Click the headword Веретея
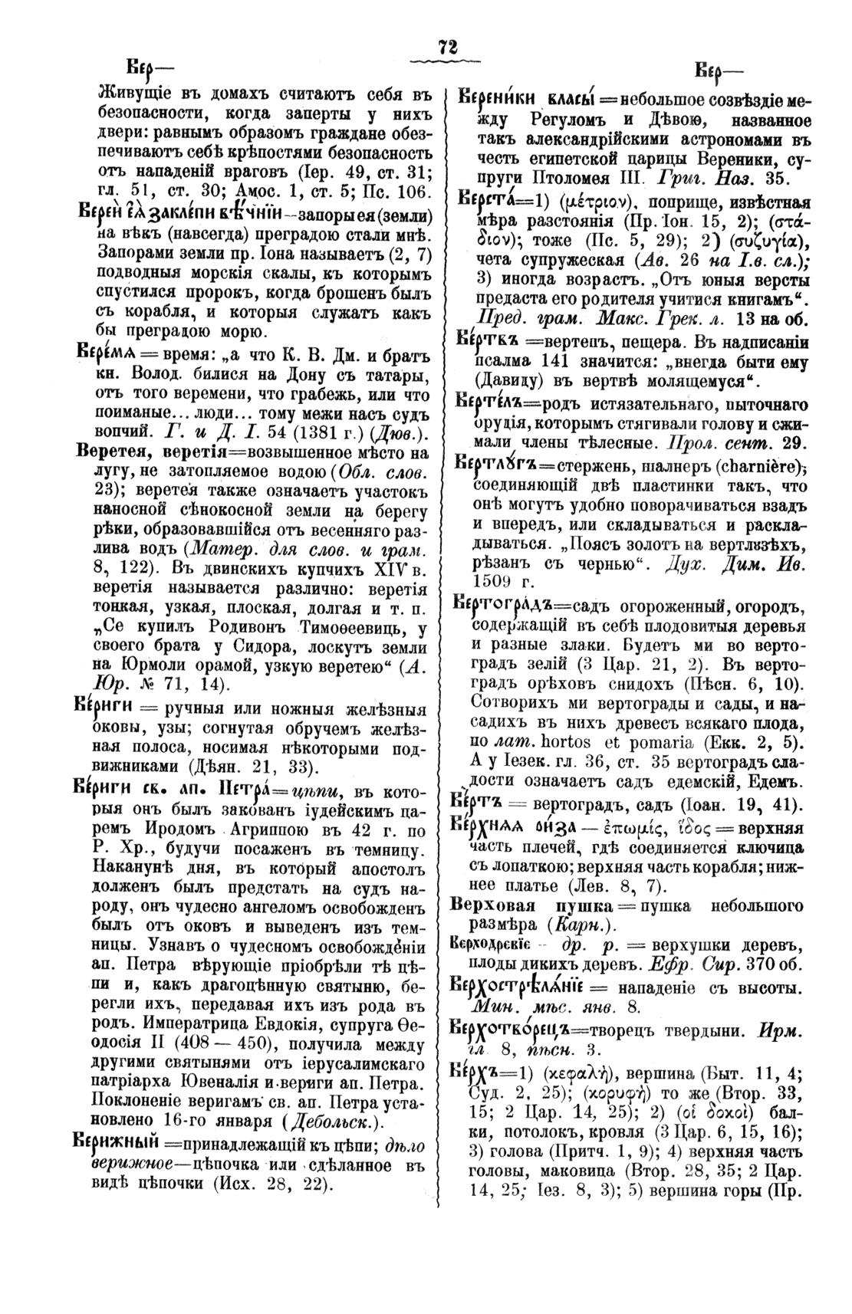107,452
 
